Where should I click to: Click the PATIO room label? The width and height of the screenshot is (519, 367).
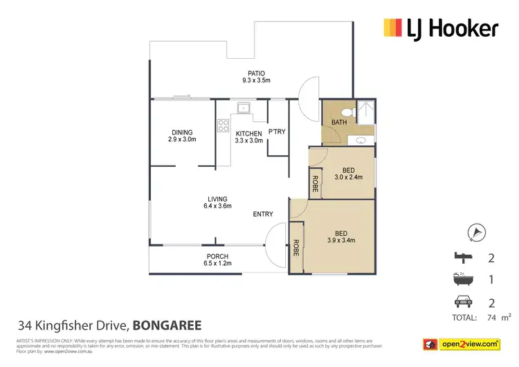point(257,73)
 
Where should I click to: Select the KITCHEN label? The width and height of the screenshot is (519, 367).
point(249,133)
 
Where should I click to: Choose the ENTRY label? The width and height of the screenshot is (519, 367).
point(263,214)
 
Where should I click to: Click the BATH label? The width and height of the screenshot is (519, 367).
point(339,122)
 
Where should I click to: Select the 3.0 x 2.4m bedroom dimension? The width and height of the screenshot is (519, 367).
point(349,177)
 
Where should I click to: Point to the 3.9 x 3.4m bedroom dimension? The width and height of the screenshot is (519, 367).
point(342,241)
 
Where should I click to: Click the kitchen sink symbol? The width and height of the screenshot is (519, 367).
point(243,109)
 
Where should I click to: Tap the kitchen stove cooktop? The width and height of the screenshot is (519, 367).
point(224,125)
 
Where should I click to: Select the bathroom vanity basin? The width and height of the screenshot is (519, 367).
point(360,140)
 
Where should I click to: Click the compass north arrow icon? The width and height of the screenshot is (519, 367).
point(476,233)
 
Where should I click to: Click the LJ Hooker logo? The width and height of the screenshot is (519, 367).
point(440,28)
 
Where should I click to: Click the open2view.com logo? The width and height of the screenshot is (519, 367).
point(462,344)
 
